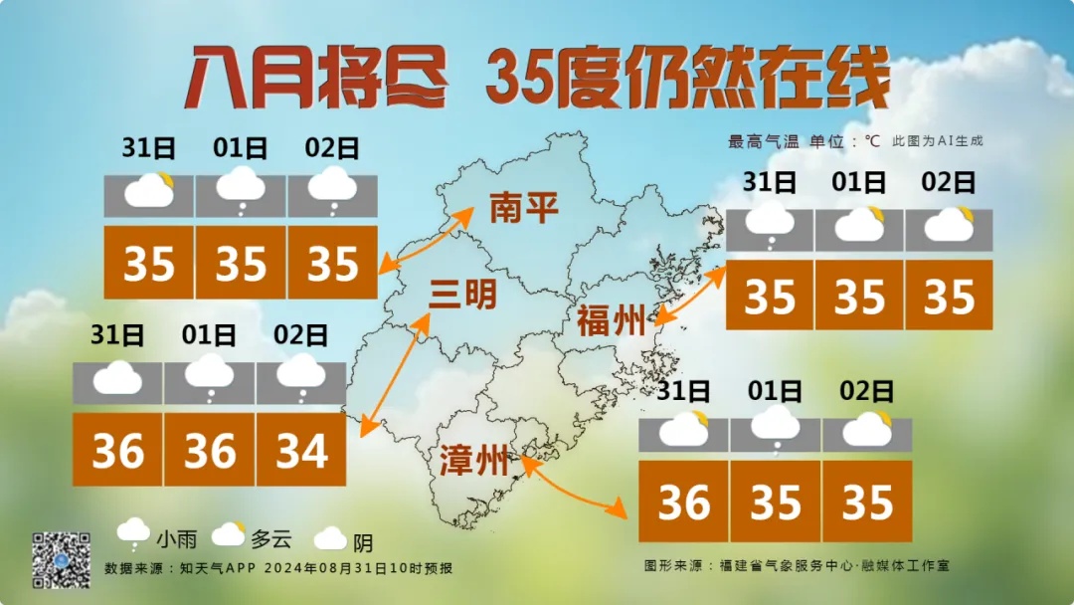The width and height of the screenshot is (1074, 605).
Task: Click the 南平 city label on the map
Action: [523, 208]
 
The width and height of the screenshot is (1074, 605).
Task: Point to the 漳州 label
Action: [474, 462]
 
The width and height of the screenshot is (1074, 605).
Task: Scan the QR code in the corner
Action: [62, 559]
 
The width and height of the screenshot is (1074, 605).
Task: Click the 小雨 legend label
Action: [176, 540]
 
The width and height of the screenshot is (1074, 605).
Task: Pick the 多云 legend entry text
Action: [270, 540]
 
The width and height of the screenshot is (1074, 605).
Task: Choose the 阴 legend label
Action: [363, 543]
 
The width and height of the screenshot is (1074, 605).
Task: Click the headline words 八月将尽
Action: [316, 77]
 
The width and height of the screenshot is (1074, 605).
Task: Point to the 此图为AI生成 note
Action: [937, 141]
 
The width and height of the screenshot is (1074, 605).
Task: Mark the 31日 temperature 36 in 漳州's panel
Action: [683, 503]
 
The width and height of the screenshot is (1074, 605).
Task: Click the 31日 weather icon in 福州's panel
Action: [770, 225]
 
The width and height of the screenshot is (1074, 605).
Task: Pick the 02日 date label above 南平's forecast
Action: [332, 149]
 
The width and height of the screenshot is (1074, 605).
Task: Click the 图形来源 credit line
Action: [796, 565]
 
